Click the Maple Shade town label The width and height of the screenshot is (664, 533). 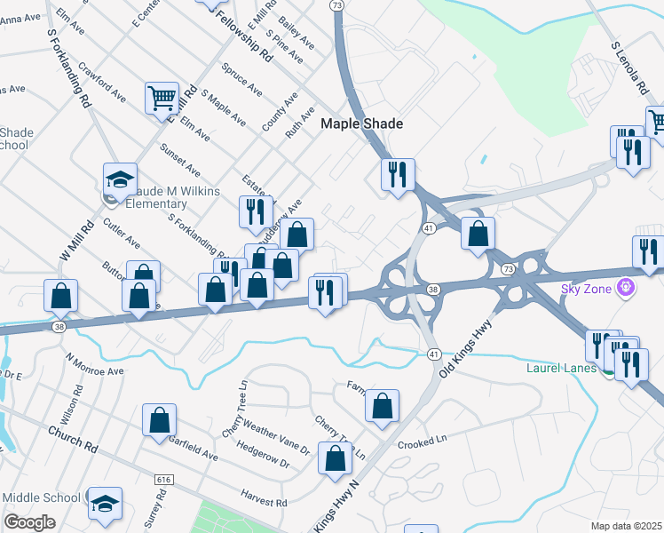click(x=361, y=124)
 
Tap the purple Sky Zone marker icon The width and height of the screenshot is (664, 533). click(x=627, y=288)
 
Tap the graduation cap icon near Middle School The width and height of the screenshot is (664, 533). click(x=106, y=503)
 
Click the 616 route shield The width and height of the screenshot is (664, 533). click(x=163, y=480)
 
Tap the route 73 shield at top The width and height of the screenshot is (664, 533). click(x=336, y=5)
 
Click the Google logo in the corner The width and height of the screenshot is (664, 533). click(x=29, y=521)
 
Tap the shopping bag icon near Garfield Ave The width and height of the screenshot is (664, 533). click(x=159, y=419)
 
